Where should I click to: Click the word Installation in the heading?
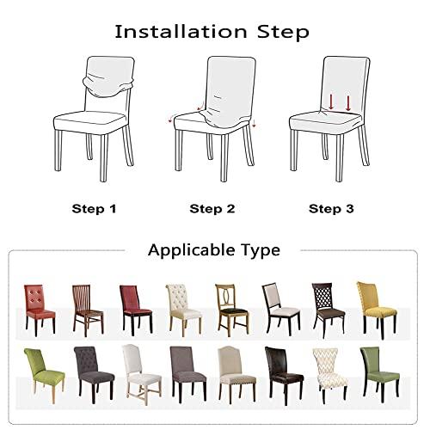pos(181,32)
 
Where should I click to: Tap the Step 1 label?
pos(94,209)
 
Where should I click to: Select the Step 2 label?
pos(212,209)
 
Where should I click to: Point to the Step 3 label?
pos(331,209)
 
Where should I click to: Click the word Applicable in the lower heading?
pos(191,250)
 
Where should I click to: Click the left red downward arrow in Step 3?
pos(331,102)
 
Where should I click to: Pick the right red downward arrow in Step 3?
pos(348,103)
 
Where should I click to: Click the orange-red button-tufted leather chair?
pos(40,310)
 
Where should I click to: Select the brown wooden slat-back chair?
pos(88,310)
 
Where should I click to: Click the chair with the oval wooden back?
pos(231,310)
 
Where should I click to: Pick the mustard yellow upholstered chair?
pos(377,310)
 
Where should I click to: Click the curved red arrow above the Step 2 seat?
pos(200,106)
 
